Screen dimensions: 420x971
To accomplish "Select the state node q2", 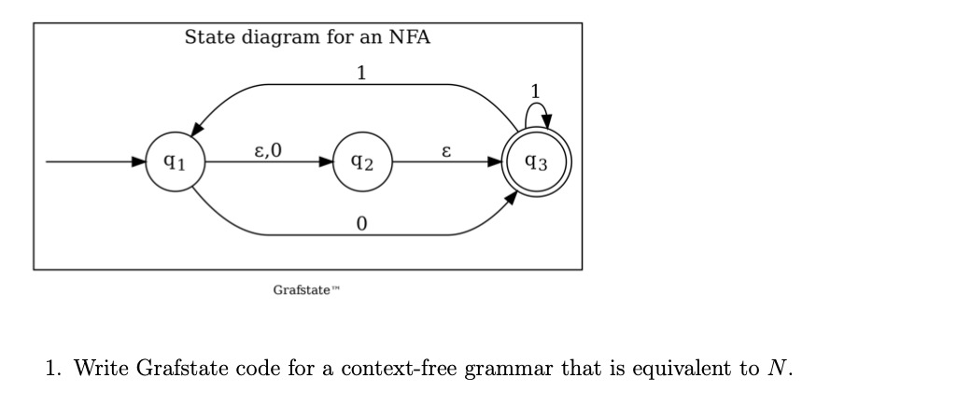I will (x=362, y=163).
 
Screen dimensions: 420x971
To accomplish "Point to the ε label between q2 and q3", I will (x=446, y=149).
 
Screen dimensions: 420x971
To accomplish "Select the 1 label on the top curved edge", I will (x=361, y=73).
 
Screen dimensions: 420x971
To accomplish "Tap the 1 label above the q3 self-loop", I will (x=534, y=91).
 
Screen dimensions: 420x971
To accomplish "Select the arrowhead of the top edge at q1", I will (x=199, y=136).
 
